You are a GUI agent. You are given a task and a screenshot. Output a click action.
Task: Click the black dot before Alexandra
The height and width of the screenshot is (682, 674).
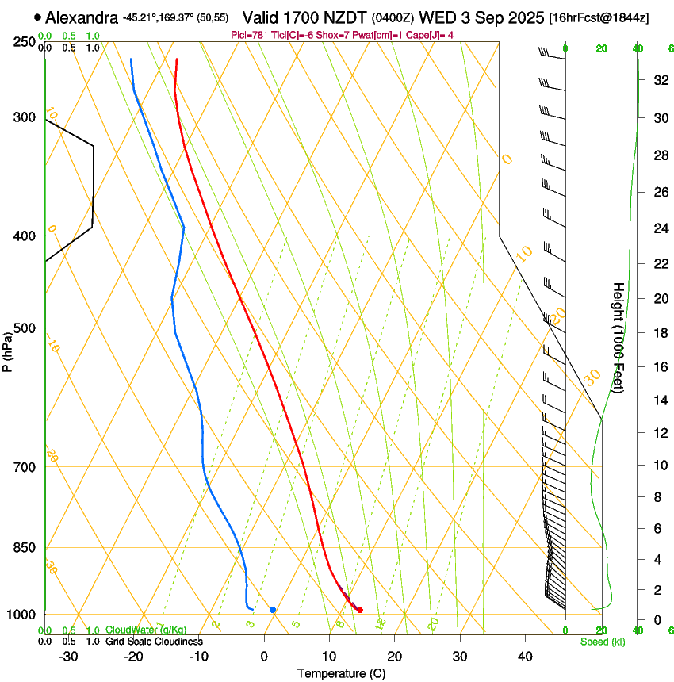tap(37, 17)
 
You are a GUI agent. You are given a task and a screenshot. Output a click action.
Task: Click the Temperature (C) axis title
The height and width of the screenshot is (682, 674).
tap(341, 673)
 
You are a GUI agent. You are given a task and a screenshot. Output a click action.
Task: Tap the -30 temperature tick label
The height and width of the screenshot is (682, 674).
tap(68, 656)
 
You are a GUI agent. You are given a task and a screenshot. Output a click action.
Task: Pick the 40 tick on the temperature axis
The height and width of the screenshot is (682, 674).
tap(524, 656)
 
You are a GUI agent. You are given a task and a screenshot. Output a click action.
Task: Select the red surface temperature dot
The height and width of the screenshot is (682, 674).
tap(360, 610)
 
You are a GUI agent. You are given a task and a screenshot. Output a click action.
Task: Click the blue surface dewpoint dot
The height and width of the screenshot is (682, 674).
tap(273, 610)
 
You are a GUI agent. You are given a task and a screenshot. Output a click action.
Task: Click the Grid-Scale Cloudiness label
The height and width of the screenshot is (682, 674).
tap(154, 642)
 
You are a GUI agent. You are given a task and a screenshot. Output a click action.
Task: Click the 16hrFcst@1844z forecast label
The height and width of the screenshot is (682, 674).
tap(599, 17)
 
